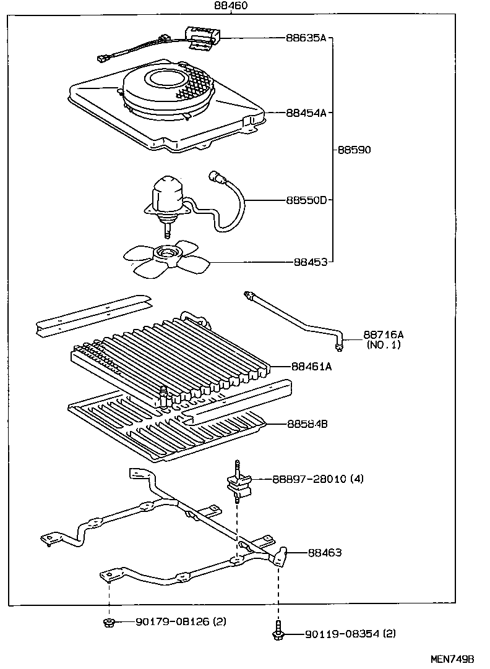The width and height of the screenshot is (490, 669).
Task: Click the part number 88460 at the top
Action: [x=230, y=6]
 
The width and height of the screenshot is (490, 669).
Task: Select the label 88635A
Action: [x=306, y=38]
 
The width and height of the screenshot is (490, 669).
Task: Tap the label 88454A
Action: [x=306, y=113]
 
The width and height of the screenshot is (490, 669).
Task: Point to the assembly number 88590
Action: [x=354, y=150]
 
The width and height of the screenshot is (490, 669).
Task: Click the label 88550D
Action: [x=306, y=200]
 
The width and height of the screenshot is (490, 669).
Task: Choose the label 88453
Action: [x=310, y=262]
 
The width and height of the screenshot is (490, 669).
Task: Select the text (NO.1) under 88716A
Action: [x=383, y=345]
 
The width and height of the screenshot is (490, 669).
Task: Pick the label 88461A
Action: [x=312, y=367]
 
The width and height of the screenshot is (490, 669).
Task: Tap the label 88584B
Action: [x=307, y=424]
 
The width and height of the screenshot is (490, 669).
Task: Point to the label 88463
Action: [x=325, y=553]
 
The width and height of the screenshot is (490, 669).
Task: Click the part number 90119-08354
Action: [x=333, y=634]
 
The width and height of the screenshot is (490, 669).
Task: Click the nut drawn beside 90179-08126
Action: [x=108, y=621]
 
